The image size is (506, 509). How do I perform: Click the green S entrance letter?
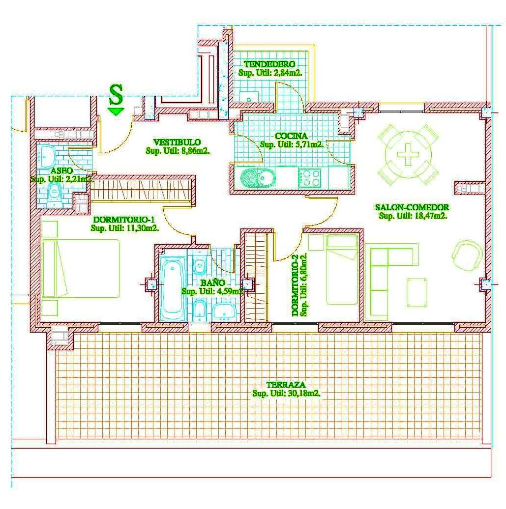click(117, 94)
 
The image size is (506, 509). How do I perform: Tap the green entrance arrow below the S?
click(117, 112)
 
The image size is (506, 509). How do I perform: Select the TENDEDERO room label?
click(270, 64)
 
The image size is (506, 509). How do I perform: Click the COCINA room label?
click(291, 136)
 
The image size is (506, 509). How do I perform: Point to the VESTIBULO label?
click(177, 142)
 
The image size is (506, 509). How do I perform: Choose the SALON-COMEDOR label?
click(412, 207)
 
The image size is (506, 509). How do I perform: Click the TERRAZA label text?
click(286, 385)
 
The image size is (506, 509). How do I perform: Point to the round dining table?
click(408, 154)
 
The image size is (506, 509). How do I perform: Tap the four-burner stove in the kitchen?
click(309, 177)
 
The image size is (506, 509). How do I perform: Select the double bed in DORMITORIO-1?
click(81, 268)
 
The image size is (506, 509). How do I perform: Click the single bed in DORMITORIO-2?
click(342, 269)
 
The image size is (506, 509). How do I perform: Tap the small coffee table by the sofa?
click(417, 292)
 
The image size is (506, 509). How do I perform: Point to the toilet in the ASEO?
click(55, 194)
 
